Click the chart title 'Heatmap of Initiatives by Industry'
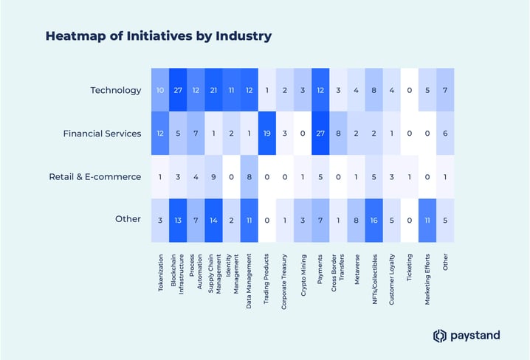pyautogui.click(x=158, y=35)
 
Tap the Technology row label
pyautogui.click(x=115, y=90)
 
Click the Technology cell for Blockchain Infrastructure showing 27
pyautogui.click(x=178, y=90)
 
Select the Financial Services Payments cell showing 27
pyautogui.click(x=320, y=134)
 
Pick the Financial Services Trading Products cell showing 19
pyautogui.click(x=267, y=134)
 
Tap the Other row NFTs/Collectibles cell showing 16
pyautogui.click(x=374, y=221)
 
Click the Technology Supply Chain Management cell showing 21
pyautogui.click(x=213, y=90)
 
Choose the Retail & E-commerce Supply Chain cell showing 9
pyautogui.click(x=213, y=177)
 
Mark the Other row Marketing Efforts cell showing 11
pyautogui.click(x=427, y=221)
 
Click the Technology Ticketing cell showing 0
pyautogui.click(x=410, y=90)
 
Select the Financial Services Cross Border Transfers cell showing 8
pyautogui.click(x=338, y=134)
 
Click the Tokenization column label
pyautogui.click(x=161, y=273)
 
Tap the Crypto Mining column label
pyautogui.click(x=303, y=272)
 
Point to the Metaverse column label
pyautogui.click(x=357, y=269)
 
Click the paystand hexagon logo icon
pyautogui.click(x=440, y=336)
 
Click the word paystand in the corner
pyautogui.click(x=476, y=336)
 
